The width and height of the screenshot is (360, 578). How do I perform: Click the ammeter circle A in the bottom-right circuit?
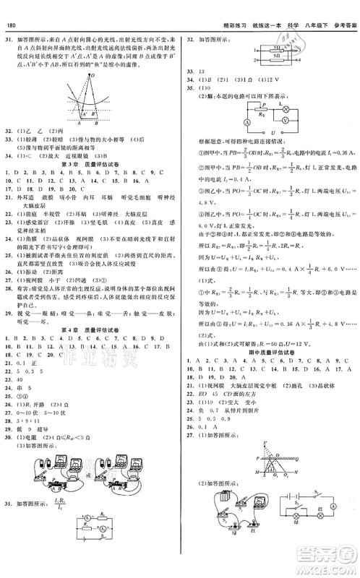click(333, 528)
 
